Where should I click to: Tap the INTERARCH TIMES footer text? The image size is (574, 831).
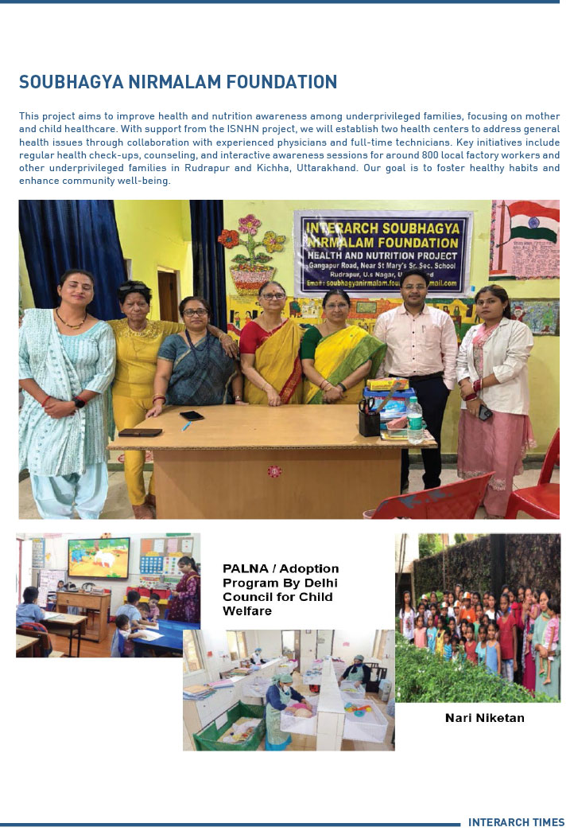tap(516, 822)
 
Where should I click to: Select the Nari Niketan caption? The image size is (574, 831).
tap(484, 718)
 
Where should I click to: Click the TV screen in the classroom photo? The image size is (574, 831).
tap(99, 558)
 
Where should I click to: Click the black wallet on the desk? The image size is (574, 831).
tap(140, 432)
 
